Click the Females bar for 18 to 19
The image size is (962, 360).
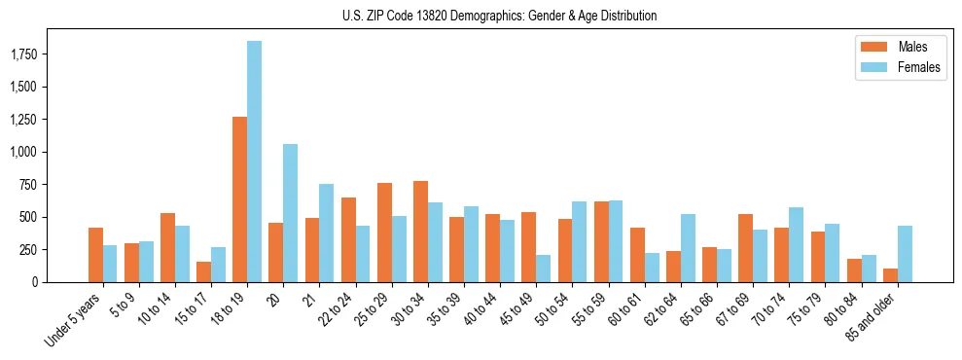coord(254,162)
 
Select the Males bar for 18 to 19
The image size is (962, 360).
coord(239,199)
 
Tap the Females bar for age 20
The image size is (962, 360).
coord(290,213)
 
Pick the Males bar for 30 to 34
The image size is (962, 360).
coord(420,232)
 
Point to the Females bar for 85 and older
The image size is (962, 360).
coord(905,254)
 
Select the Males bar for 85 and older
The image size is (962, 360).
coord(890,275)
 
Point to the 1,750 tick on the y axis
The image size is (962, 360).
coord(23,54)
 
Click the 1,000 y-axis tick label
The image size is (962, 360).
coord(23,152)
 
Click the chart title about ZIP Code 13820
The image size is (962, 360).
coord(499,17)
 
